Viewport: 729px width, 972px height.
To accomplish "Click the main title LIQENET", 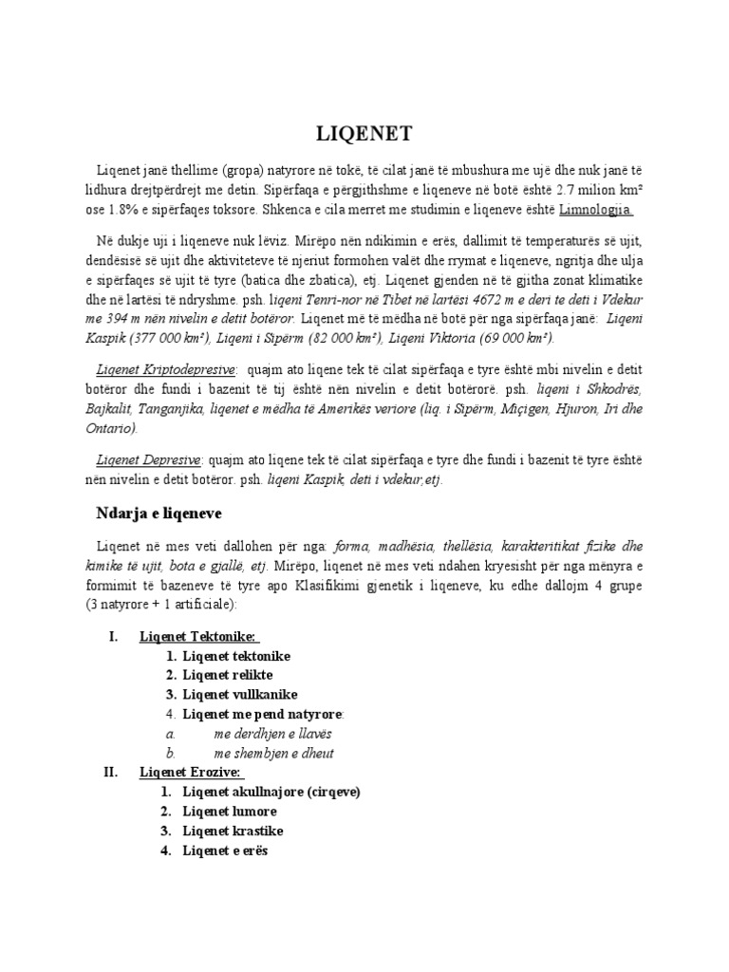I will click(x=364, y=132).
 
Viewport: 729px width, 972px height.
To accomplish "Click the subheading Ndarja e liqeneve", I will click(x=159, y=513).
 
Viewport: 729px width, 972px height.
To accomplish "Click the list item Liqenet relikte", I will click(x=228, y=675).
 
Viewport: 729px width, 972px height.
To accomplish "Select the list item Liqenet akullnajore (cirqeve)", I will click(x=271, y=792).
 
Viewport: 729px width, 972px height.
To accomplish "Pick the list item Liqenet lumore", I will click(x=230, y=812).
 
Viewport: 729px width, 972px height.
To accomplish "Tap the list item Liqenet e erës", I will click(x=226, y=850).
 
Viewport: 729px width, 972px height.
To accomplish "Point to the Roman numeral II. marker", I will click(x=109, y=773).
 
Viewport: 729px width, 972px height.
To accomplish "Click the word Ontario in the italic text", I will click(x=121, y=428).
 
